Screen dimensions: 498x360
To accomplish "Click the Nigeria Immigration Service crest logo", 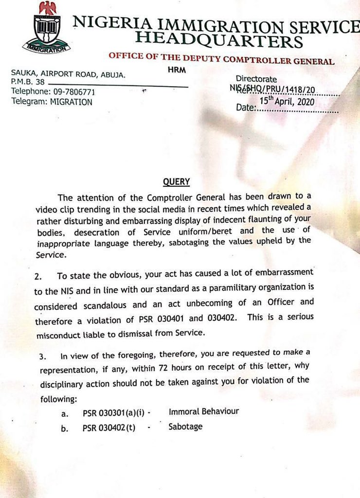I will pos(46,29).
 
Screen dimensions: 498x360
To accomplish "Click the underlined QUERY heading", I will pos(176,182).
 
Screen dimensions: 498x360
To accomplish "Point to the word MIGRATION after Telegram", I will pos(71,102).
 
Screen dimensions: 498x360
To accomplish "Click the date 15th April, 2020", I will pos(287,102).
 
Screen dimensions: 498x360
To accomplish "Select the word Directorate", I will pos(256,79).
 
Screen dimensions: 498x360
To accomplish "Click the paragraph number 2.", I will pos(38,276).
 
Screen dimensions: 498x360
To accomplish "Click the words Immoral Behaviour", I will pos(204,411).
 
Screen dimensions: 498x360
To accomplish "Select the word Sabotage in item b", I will pos(185,427).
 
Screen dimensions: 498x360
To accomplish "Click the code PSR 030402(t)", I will pos(109,428).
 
